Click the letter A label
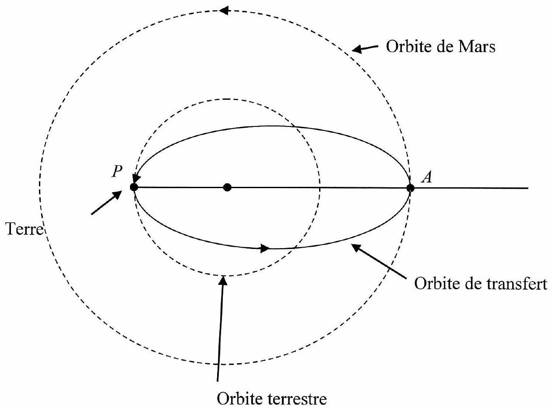point(426,178)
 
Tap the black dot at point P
point(134,187)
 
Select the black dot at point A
point(411,188)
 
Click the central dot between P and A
point(227,187)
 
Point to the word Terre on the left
point(25,229)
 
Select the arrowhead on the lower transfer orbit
point(265,248)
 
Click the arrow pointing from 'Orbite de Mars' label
point(365,49)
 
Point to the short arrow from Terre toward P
point(106,203)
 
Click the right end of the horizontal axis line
point(528,188)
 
